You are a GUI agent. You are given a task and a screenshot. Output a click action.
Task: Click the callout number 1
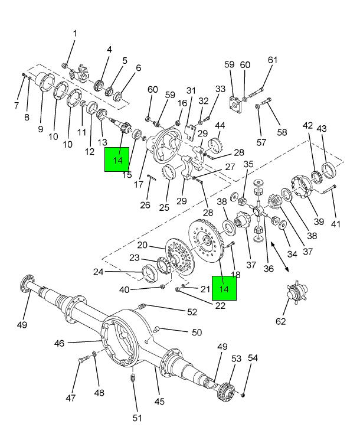pos(75,34)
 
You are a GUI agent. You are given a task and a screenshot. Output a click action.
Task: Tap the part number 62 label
pos(280,321)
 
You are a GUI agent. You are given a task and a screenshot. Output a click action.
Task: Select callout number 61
pos(272,60)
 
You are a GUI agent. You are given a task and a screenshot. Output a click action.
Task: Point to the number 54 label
pos(253,358)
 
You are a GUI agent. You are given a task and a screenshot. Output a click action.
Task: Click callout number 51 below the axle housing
pos(137,418)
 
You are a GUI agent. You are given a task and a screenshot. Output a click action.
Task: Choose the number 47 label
pos(71,398)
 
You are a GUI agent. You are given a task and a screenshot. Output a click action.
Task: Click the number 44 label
pos(220,126)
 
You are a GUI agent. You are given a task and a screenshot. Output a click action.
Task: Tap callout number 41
pos(336,224)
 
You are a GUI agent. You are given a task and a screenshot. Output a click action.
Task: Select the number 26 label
pos(145,206)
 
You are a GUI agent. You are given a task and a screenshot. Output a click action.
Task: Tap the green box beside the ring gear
pos(224,289)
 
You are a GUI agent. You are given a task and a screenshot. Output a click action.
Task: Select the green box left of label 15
pos(117,159)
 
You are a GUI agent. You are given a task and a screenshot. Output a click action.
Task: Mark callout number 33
pos(220,89)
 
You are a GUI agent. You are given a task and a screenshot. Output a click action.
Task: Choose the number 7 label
pos(16,105)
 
